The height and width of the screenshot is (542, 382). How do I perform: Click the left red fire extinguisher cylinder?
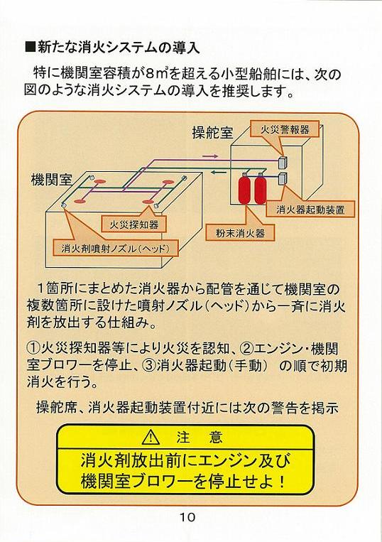244,190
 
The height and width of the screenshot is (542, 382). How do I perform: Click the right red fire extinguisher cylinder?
260,190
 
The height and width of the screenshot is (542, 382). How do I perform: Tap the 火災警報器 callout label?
285,129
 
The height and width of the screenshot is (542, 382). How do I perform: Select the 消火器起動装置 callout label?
310,209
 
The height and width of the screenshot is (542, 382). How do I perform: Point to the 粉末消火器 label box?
241,233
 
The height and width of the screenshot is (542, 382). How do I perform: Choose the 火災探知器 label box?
133,225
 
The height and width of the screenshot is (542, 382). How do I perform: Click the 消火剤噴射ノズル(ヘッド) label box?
115,248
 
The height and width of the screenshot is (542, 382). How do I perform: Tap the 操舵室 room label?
212,133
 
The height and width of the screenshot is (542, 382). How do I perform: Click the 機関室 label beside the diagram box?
51,180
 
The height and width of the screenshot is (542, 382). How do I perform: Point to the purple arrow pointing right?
210,156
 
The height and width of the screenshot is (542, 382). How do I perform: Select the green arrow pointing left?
218,172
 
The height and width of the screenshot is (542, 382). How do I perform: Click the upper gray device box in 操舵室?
283,161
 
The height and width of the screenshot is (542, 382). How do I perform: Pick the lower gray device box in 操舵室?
283,178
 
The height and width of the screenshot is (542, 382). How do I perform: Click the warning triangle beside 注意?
151,438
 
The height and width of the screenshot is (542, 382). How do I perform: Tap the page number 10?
187,517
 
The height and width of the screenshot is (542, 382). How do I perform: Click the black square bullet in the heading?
31,47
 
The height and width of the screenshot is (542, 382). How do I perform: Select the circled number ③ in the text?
150,365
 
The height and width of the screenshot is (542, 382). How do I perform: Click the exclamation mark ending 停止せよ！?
283,481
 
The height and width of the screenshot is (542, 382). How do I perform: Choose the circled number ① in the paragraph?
33,348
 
